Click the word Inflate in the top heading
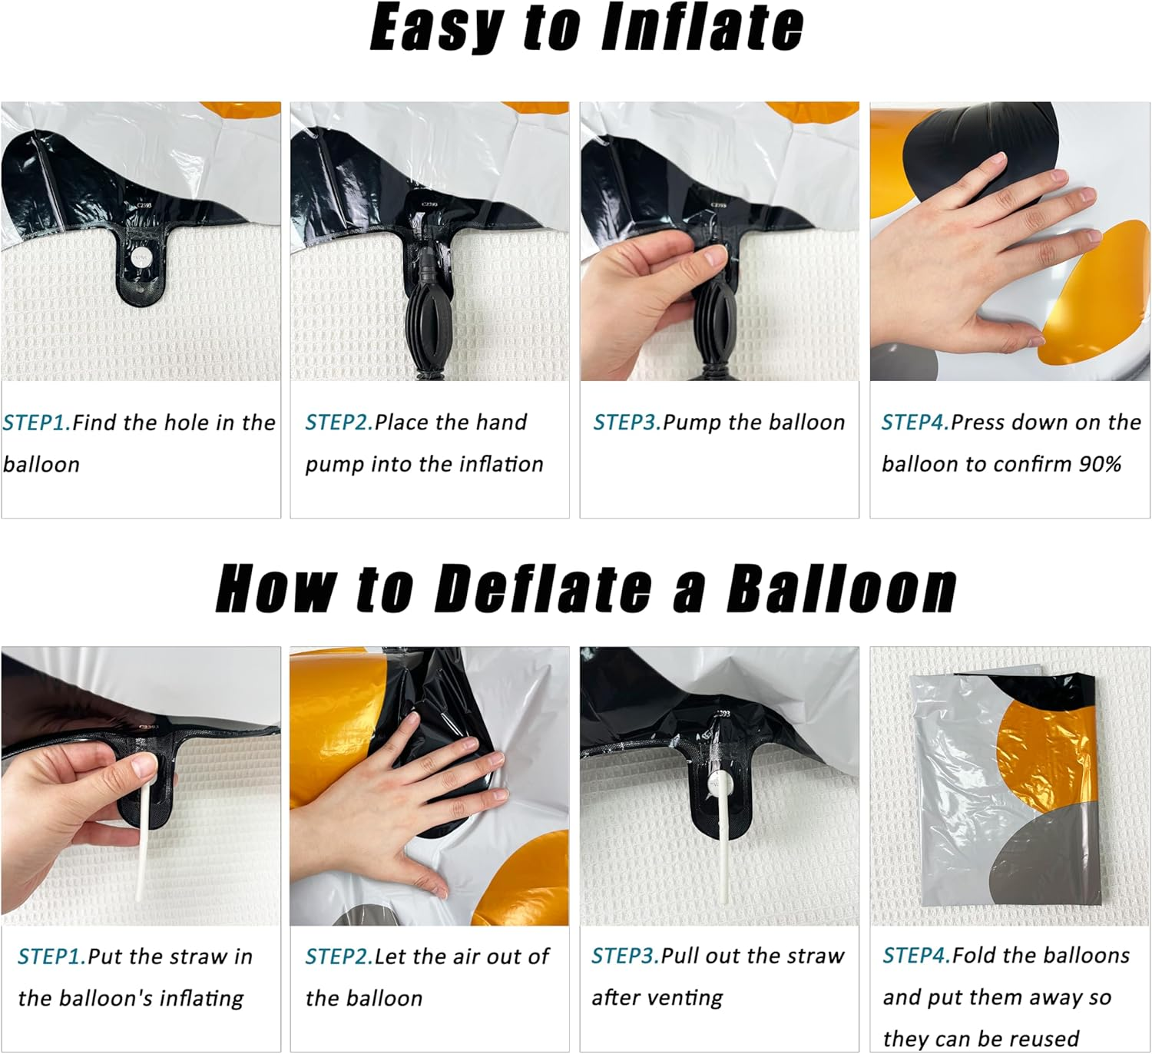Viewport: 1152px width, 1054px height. tap(703, 27)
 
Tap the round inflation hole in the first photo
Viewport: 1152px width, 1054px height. tap(140, 257)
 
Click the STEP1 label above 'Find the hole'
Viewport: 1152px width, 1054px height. tap(37, 423)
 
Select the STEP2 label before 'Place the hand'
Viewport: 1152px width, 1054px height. tap(339, 423)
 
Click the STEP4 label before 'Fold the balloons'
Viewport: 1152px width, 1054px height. tap(917, 955)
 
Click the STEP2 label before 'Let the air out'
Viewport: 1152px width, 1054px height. tap(339, 956)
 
